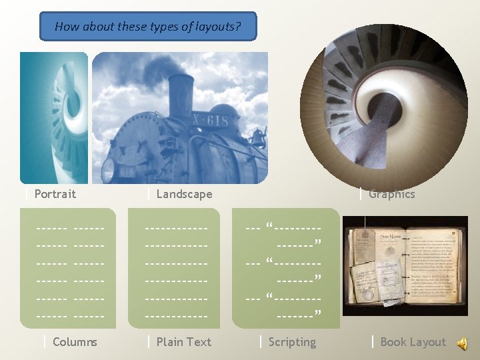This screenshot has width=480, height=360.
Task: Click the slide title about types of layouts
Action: pyautogui.click(x=147, y=27)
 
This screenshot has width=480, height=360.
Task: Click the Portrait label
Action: pyautogui.click(x=55, y=194)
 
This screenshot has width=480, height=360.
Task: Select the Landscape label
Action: pyautogui.click(x=184, y=194)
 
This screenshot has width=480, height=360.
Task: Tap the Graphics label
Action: pyautogui.click(x=392, y=194)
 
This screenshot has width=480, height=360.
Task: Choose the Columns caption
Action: pyautogui.click(x=75, y=342)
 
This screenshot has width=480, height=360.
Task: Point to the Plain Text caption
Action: pyautogui.click(x=183, y=342)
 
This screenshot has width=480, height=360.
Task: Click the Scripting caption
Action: pyautogui.click(x=292, y=342)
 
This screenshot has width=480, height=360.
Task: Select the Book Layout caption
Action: pyautogui.click(x=413, y=342)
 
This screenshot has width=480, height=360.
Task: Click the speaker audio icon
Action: pyautogui.click(x=461, y=343)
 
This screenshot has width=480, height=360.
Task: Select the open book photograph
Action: pyautogui.click(x=405, y=265)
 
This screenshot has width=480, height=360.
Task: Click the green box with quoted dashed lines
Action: pyautogui.click(x=285, y=268)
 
